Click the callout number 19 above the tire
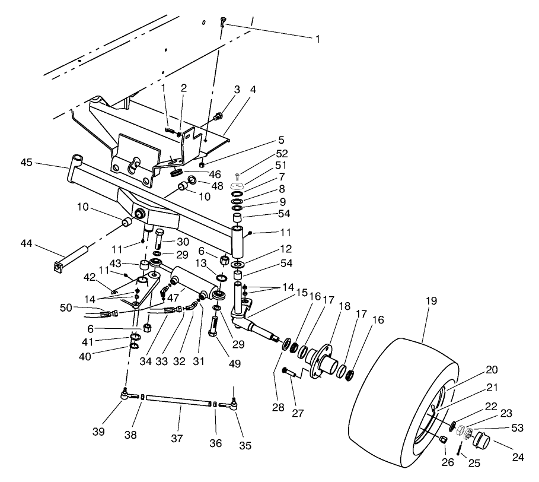[x=431, y=301]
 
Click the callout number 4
[x=253, y=90]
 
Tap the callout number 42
[x=90, y=277]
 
